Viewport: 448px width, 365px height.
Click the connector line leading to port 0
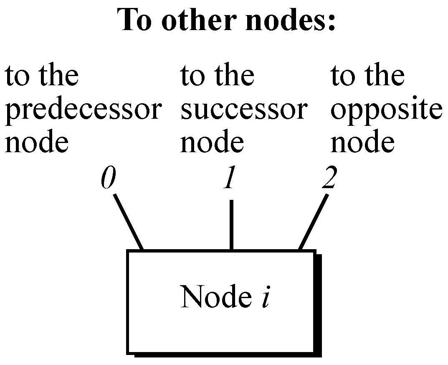(129, 222)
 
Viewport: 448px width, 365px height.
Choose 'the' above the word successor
(234, 76)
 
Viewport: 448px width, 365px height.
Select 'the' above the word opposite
(384, 76)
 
